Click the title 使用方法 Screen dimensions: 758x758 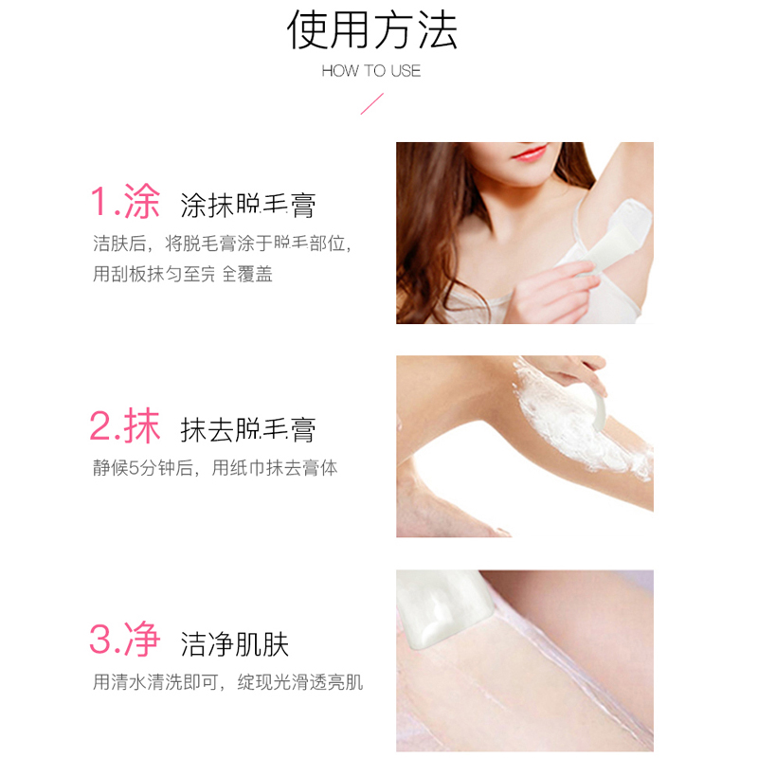(x=371, y=30)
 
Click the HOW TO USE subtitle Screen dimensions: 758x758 (x=370, y=71)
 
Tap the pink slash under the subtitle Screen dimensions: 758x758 (x=370, y=103)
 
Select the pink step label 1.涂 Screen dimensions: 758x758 (x=124, y=201)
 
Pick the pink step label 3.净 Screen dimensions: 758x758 (x=124, y=641)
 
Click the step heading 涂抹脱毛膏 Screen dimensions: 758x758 (x=248, y=205)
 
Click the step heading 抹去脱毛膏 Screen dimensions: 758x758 (x=248, y=429)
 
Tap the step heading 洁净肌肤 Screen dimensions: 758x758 (x=235, y=644)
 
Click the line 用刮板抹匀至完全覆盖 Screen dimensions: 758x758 (x=183, y=275)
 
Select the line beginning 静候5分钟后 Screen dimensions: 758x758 (x=215, y=468)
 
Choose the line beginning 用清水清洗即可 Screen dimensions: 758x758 (x=227, y=682)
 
